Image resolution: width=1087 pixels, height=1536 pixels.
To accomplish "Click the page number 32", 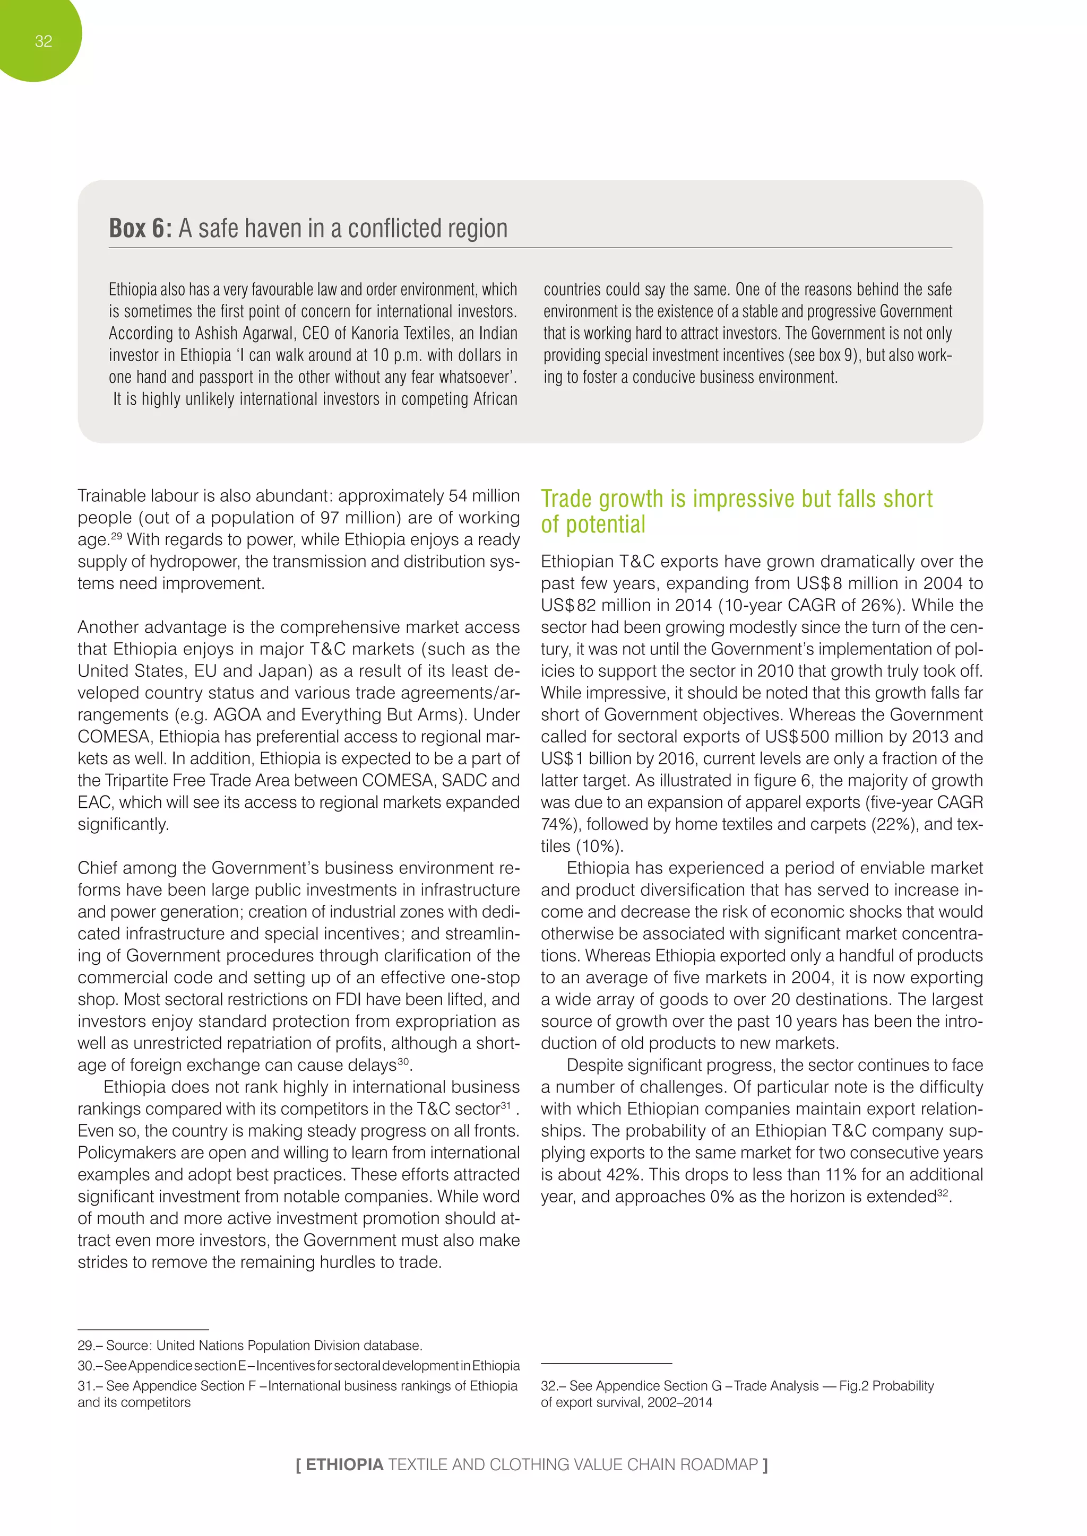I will pos(44,41).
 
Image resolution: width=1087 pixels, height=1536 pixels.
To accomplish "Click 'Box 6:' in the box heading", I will pos(141,228).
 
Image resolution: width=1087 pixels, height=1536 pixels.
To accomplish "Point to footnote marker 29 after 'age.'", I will pos(116,535).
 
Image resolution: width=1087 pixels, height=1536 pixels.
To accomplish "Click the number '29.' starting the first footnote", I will pos(85,1346).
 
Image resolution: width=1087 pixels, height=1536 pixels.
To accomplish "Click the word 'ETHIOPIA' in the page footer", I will pos(344,1464).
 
